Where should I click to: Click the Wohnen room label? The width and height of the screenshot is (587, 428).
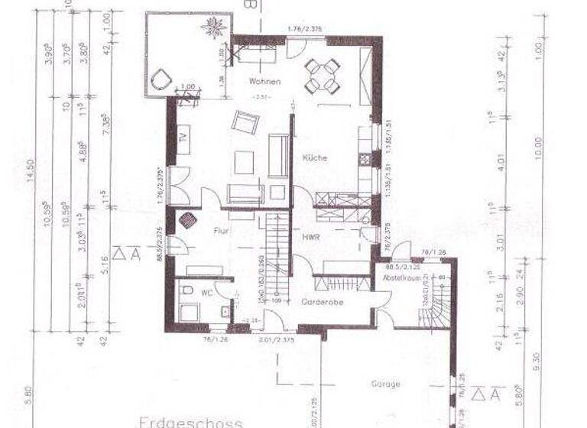[264, 82]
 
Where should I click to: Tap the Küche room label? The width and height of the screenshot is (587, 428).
[315, 158]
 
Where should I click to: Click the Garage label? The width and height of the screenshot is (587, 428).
[386, 384]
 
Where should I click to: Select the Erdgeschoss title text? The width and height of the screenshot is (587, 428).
[191, 421]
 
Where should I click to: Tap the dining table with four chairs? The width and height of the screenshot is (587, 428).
[322, 75]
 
